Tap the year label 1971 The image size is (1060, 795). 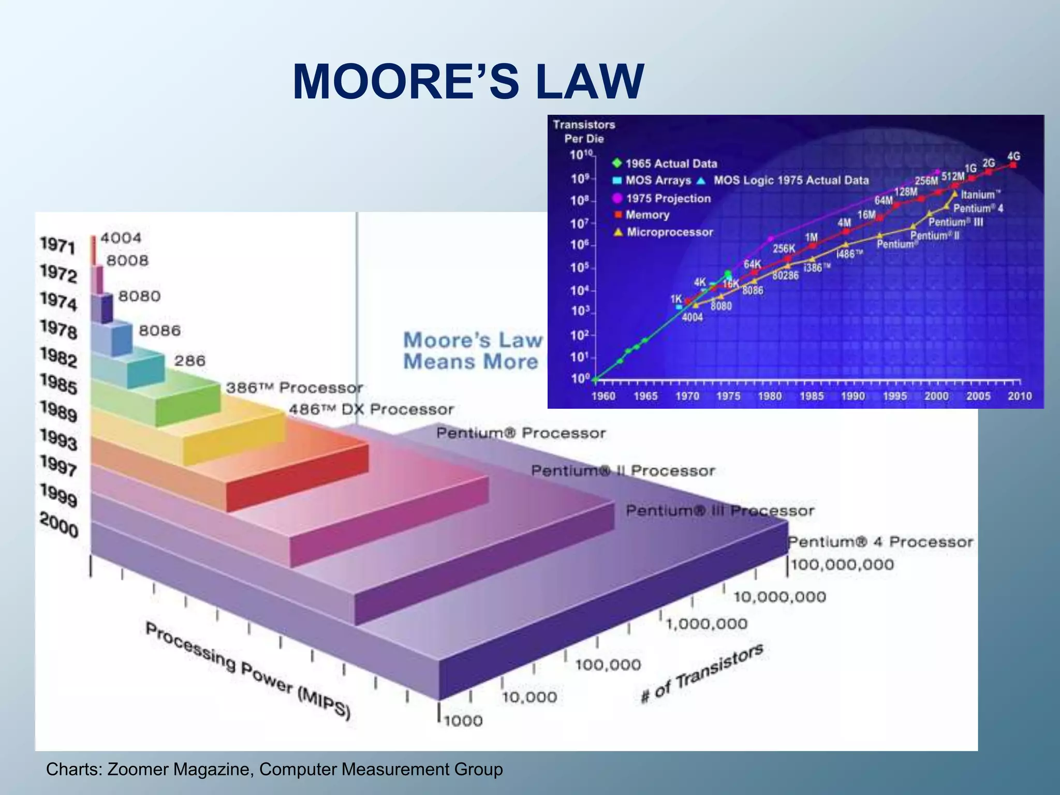[57, 245]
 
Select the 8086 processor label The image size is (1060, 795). [159, 331]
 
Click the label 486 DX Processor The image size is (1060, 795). [371, 409]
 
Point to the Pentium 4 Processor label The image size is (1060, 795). [880, 542]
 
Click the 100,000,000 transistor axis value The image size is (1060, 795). [842, 564]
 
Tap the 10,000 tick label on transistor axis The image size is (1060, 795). [529, 697]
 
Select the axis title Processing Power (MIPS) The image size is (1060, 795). [247, 671]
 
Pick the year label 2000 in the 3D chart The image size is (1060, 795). [58, 525]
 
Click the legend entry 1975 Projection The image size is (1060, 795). [668, 199]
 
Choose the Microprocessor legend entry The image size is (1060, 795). [669, 232]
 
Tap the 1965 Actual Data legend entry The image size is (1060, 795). [671, 164]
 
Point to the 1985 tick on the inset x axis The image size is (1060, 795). [811, 396]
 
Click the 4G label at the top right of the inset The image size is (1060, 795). [1013, 156]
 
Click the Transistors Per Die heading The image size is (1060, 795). [584, 131]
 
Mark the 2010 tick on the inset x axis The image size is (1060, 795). [1019, 396]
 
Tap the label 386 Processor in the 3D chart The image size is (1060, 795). [294, 388]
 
